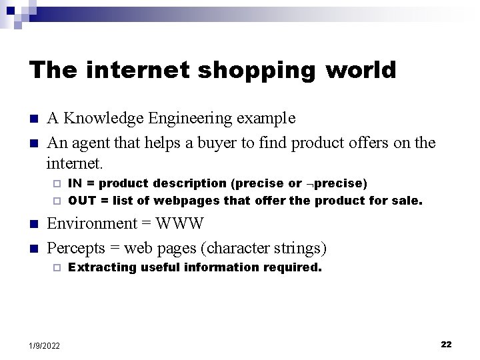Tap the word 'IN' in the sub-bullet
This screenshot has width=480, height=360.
75,183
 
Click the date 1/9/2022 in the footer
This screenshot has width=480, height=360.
45,345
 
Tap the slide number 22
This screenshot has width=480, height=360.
446,344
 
